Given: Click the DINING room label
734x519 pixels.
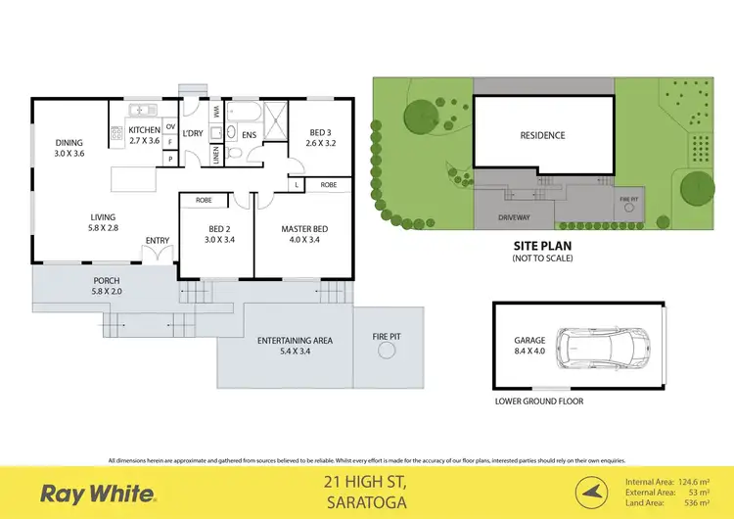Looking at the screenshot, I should tap(69, 148).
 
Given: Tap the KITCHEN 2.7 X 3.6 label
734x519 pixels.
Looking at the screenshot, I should tap(144, 135).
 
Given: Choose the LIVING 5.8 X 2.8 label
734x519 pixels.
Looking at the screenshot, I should tap(103, 221).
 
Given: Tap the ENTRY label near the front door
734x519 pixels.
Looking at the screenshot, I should tap(157, 241).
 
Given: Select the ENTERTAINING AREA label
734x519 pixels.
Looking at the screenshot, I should tap(295, 345).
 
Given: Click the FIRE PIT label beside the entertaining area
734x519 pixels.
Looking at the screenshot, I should tap(386, 336).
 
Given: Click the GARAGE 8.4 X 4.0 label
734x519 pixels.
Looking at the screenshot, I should tap(529, 346).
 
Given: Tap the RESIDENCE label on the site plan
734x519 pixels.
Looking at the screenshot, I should tap(542, 135).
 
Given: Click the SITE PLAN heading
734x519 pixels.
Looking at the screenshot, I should tap(542, 247).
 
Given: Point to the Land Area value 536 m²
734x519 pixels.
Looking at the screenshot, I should tap(702, 503).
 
